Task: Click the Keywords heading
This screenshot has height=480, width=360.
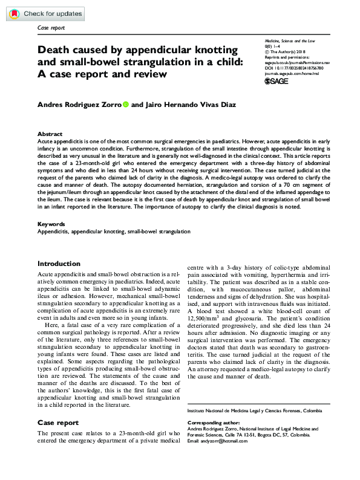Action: pyautogui.click(x=51, y=224)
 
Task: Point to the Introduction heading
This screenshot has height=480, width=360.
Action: pyautogui.click(x=59, y=264)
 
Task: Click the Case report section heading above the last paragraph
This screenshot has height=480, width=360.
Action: pyautogui.click(x=58, y=423)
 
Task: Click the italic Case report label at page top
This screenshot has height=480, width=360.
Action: pyautogui.click(x=51, y=28)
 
